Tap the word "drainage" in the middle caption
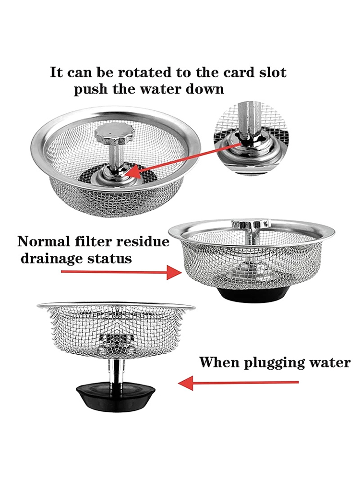[52, 258]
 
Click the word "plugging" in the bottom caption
[274, 363]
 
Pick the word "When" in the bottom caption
[219, 362]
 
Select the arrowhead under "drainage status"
[174, 272]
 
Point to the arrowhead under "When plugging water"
[186, 383]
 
